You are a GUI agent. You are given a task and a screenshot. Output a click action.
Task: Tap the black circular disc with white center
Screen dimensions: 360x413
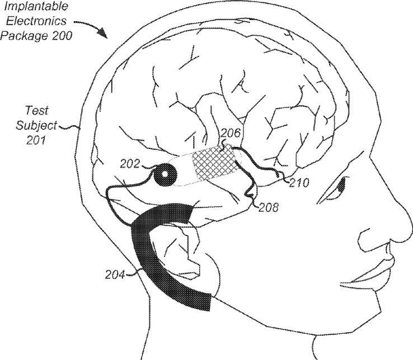point(164,176)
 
